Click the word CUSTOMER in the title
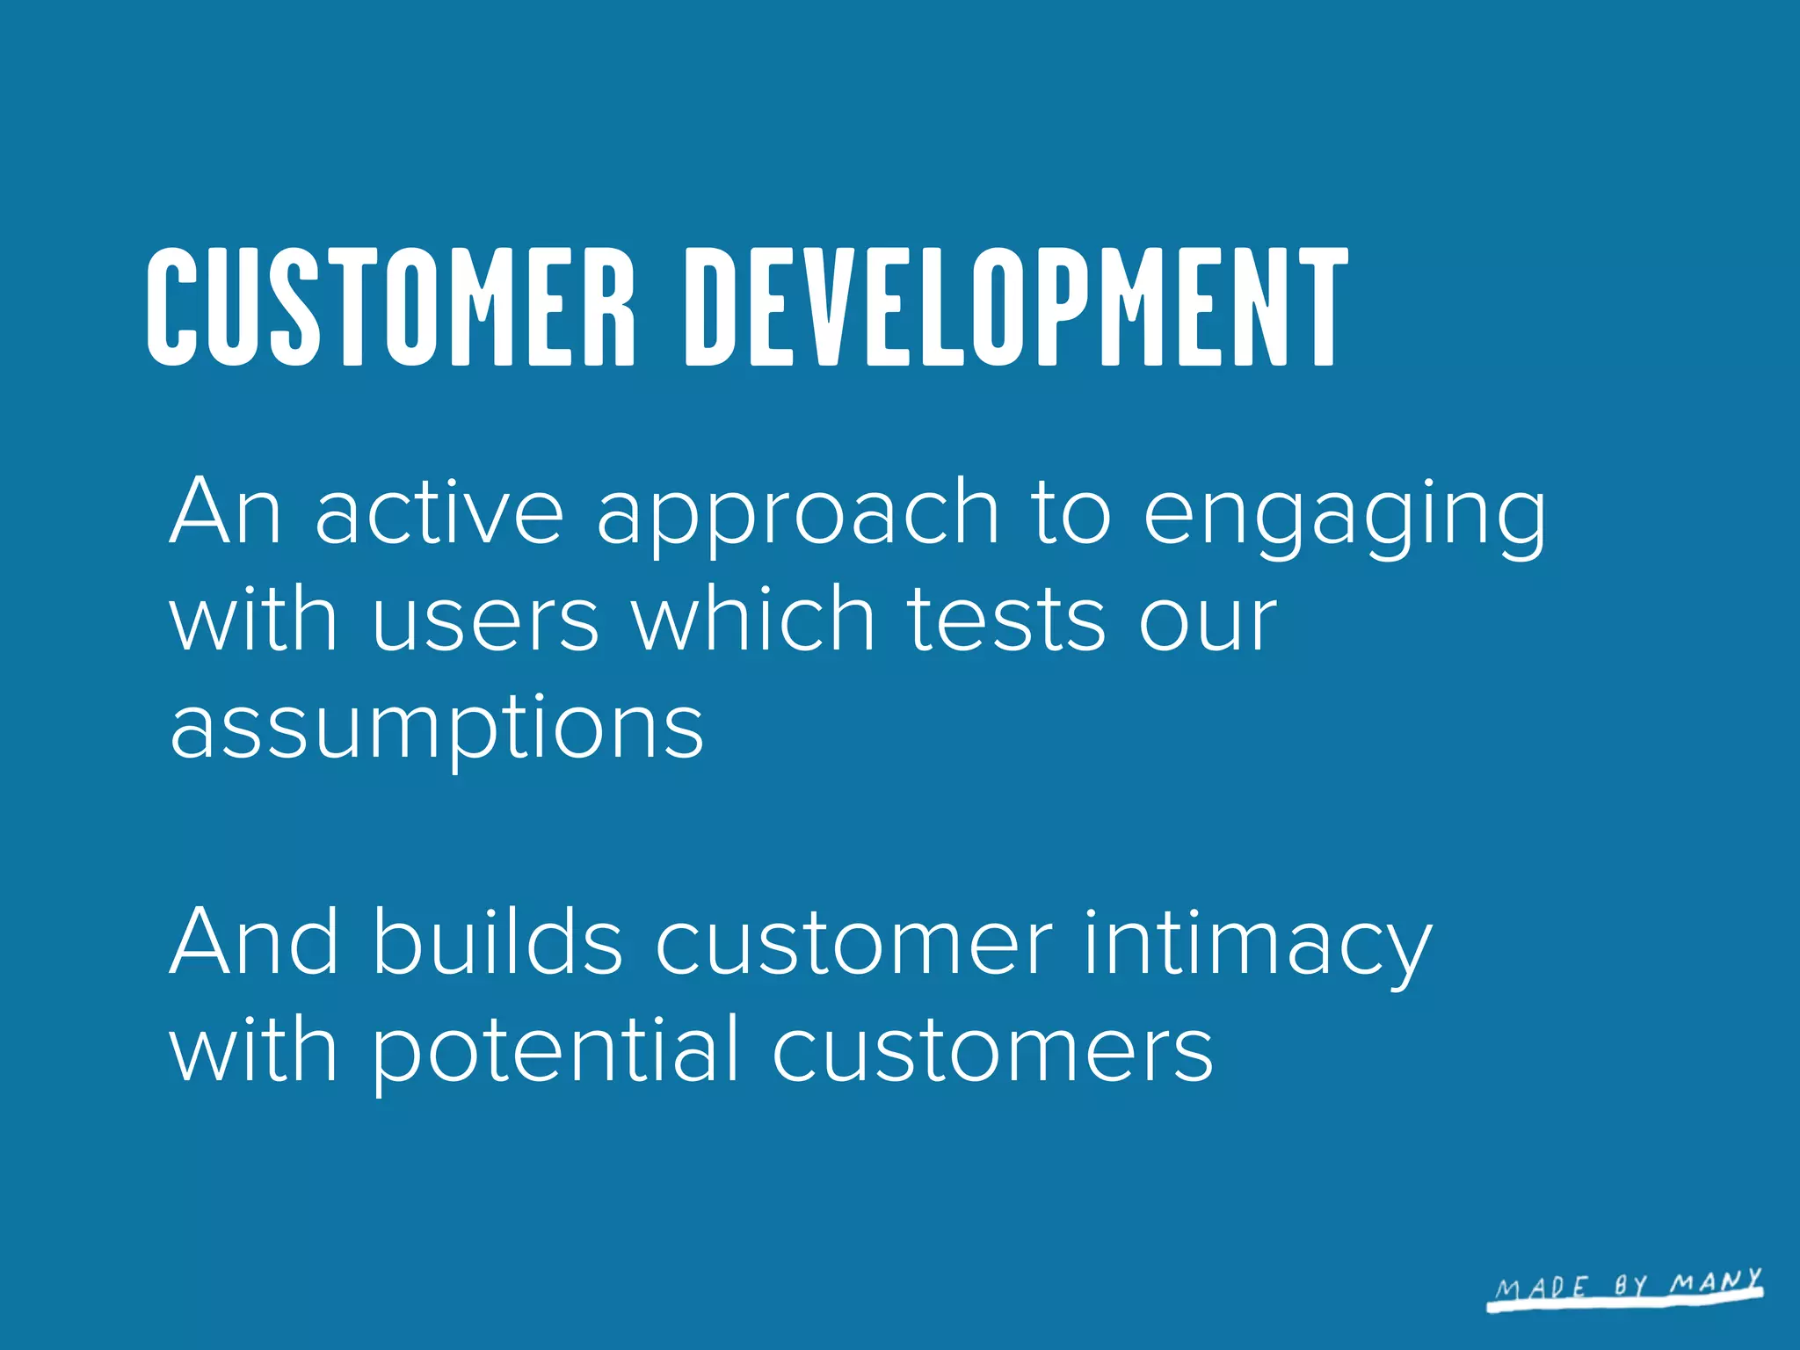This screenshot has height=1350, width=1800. [x=390, y=308]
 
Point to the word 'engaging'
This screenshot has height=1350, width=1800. [x=1344, y=519]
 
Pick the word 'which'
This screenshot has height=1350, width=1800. [x=754, y=619]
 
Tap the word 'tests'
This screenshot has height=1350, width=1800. [x=1005, y=621]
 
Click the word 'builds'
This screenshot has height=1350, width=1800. [x=497, y=942]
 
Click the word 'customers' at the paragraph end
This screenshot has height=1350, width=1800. [x=992, y=1051]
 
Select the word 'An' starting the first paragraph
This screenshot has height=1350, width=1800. [x=225, y=512]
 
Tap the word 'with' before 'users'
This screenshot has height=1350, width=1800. [x=253, y=619]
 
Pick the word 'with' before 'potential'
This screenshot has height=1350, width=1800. [x=253, y=1049]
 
